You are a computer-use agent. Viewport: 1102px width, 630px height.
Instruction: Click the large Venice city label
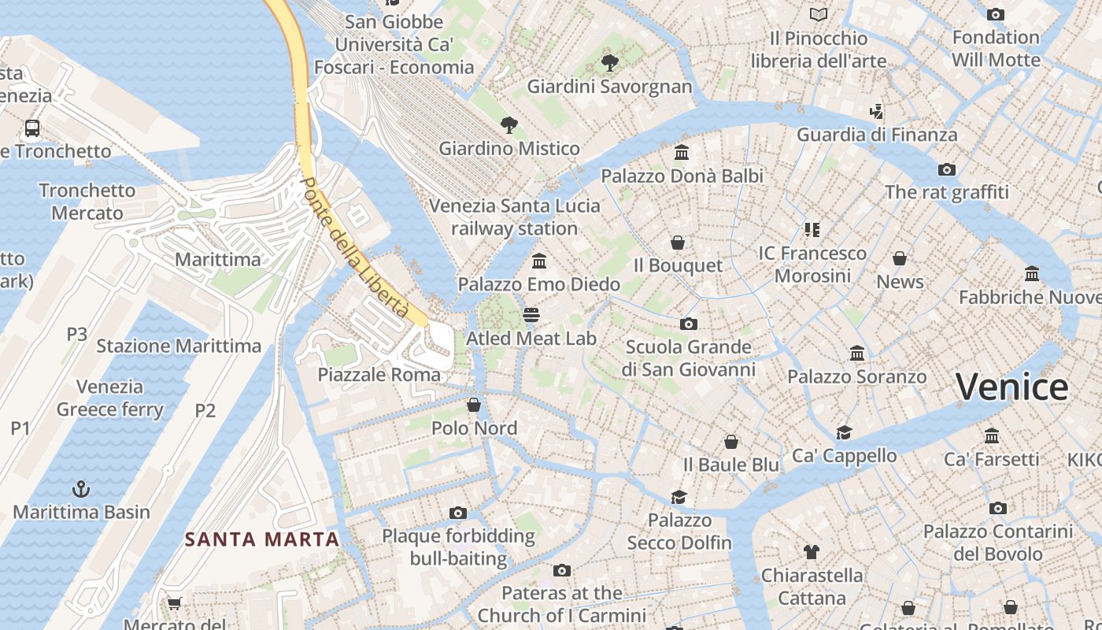[x=1011, y=387]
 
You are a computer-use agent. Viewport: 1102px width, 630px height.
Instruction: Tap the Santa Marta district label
[x=262, y=539]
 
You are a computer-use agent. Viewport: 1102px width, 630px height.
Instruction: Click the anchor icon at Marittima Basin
[x=80, y=489]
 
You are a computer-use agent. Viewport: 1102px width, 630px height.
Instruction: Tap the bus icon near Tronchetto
[x=32, y=128]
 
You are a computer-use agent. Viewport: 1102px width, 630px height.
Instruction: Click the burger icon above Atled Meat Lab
[x=531, y=316]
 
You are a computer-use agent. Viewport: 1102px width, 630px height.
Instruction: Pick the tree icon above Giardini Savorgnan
[x=609, y=63]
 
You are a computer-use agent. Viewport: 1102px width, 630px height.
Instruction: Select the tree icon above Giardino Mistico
[x=509, y=124]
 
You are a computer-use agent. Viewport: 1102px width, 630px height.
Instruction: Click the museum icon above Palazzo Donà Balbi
[x=682, y=152]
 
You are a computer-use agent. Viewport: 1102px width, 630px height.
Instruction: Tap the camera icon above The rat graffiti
[x=946, y=169]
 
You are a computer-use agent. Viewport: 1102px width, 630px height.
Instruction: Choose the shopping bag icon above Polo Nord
[x=474, y=405]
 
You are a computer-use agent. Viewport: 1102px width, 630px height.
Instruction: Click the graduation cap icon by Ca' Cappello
[x=845, y=432]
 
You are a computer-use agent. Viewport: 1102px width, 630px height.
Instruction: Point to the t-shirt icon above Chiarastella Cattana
[x=812, y=552]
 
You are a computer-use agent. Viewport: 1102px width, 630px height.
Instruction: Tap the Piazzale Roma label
[x=379, y=375]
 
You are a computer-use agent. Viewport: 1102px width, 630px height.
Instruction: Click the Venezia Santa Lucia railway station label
[x=514, y=217]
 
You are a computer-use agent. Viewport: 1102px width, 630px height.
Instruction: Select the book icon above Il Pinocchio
[x=819, y=14]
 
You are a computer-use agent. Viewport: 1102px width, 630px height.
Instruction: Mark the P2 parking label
[x=205, y=410]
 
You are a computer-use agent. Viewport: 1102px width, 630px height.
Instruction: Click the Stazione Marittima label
[x=179, y=346]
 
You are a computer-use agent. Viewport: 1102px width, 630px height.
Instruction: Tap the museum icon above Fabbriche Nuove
[x=1032, y=274]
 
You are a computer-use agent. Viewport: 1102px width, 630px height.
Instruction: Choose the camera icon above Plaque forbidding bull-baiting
[x=458, y=513]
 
